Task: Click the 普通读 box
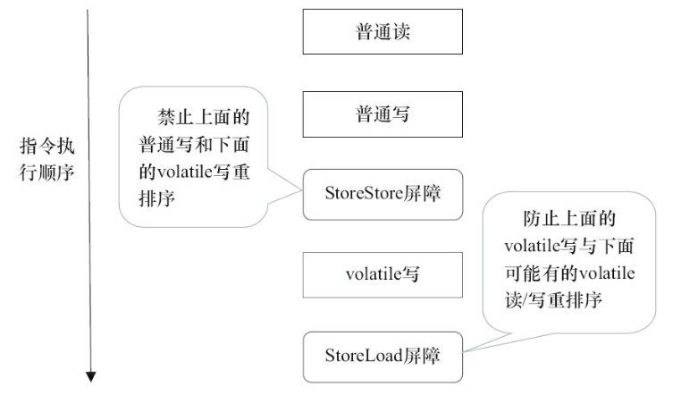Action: coord(383,32)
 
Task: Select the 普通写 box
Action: coord(383,113)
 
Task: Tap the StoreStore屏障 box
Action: coord(383,193)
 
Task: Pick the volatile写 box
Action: coord(383,274)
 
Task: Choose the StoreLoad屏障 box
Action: coord(383,355)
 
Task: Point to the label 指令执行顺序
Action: coord(46,157)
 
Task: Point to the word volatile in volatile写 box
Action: coord(368,274)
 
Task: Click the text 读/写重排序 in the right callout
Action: coord(554,300)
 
